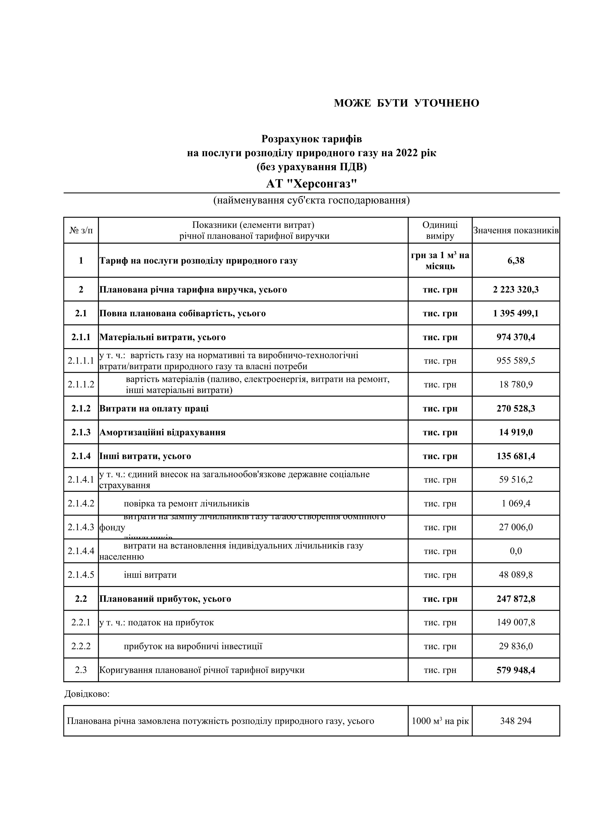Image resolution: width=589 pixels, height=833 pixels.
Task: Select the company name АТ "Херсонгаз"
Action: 311,184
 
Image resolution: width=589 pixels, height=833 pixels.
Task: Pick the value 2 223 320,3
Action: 516,289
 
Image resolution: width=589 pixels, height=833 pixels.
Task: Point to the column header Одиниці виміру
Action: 440,230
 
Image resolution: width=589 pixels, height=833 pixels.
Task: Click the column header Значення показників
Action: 516,230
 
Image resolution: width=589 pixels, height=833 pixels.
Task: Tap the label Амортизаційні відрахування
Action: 163,432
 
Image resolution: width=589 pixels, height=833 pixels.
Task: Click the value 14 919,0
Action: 516,432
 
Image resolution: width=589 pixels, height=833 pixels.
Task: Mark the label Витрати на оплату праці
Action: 154,408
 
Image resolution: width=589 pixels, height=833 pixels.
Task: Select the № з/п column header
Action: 81,230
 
